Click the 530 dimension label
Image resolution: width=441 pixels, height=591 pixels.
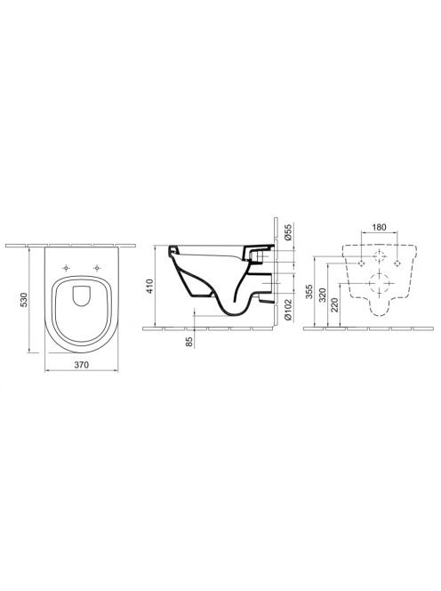[24, 299]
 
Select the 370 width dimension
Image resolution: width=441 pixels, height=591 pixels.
[81, 365]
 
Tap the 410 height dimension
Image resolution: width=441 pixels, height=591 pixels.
[150, 287]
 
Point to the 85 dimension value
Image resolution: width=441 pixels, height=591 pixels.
[189, 342]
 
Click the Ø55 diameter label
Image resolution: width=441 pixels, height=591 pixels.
[288, 232]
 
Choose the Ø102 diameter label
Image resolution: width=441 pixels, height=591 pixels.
[288, 310]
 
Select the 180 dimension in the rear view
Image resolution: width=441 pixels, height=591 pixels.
[379, 227]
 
